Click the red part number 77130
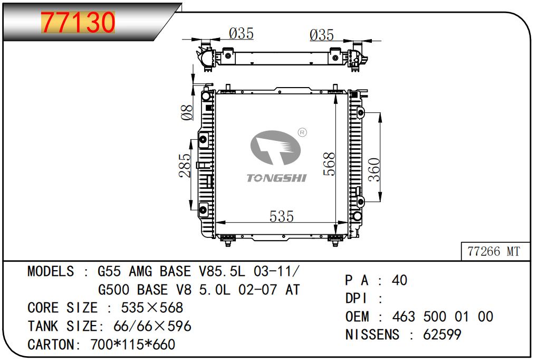pyautogui.click(x=78, y=22)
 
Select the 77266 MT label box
pyautogui.click(x=493, y=251)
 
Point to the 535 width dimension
pyautogui.click(x=281, y=216)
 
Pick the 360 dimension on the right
pyautogui.click(x=373, y=169)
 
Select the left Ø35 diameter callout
pyautogui.click(x=241, y=34)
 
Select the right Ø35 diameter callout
pyautogui.click(x=321, y=35)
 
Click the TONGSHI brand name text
pyautogui.click(x=276, y=178)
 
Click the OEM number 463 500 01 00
pyautogui.click(x=443, y=317)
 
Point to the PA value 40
pyautogui.click(x=399, y=280)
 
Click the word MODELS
pyautogui.click(x=51, y=272)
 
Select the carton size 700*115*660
pyautogui.click(x=132, y=345)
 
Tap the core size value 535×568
pyautogui.click(x=152, y=308)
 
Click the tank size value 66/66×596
pyautogui.click(x=152, y=326)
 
